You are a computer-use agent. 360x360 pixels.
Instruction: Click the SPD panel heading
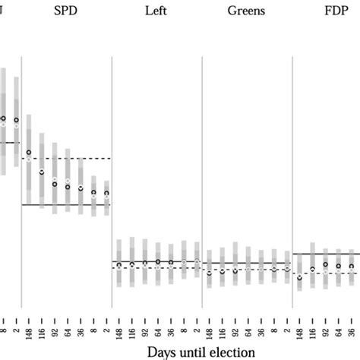tap(65, 12)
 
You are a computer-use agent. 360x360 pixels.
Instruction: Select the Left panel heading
tap(156, 12)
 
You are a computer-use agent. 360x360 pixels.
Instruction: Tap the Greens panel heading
tap(247, 12)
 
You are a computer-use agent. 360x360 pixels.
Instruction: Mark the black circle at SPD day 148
tap(29, 153)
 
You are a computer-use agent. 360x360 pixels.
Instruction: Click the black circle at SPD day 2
tap(107, 194)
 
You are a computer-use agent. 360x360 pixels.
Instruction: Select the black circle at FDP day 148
tap(299, 278)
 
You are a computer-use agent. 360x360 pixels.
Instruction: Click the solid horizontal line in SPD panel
tap(68, 205)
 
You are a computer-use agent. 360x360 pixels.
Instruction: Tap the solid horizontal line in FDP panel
tap(327, 254)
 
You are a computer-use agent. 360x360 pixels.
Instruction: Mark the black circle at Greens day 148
tap(209, 272)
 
